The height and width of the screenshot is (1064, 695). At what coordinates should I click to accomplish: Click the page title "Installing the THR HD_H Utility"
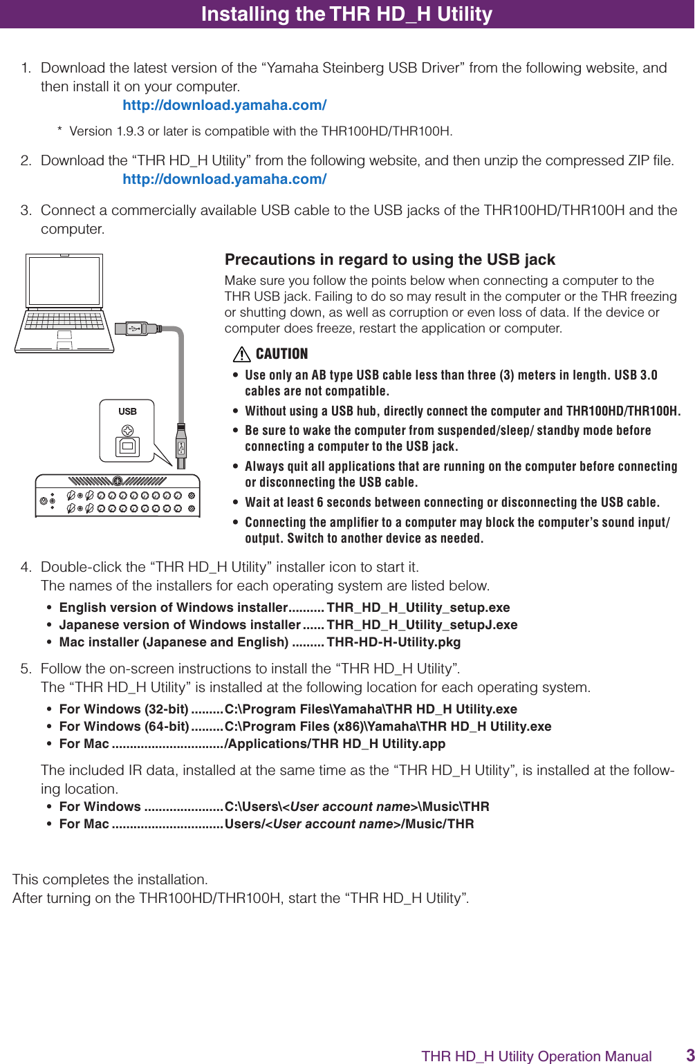tap(346, 14)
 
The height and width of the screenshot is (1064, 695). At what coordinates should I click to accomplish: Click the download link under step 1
tap(224, 105)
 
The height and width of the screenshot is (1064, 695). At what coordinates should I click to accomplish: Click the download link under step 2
tap(224, 179)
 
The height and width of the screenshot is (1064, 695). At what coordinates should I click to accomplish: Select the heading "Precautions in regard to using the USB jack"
tap(389, 260)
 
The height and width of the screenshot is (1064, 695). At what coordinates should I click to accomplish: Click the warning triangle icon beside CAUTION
tap(241, 355)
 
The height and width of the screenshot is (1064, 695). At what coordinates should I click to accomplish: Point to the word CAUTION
tap(281, 354)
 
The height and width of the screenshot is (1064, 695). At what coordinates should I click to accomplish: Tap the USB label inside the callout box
tap(127, 411)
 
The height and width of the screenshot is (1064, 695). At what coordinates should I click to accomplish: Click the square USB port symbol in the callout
tap(127, 447)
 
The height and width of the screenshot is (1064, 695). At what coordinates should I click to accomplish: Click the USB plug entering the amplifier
tap(181, 446)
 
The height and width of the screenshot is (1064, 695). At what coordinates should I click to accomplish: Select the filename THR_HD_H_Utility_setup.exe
tap(418, 608)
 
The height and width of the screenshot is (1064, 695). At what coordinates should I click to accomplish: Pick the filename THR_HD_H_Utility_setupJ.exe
tap(422, 625)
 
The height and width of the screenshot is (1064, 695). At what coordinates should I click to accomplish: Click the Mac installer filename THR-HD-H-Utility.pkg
tap(393, 642)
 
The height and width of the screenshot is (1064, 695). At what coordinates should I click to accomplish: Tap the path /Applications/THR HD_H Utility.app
tap(335, 744)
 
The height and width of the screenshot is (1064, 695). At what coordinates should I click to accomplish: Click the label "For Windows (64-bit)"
tap(124, 727)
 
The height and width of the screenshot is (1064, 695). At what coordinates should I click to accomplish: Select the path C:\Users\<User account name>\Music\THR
tap(357, 807)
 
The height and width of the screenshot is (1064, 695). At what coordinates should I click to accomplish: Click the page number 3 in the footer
tap(689, 1055)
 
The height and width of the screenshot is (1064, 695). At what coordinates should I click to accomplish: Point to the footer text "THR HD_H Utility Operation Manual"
tap(536, 1056)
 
